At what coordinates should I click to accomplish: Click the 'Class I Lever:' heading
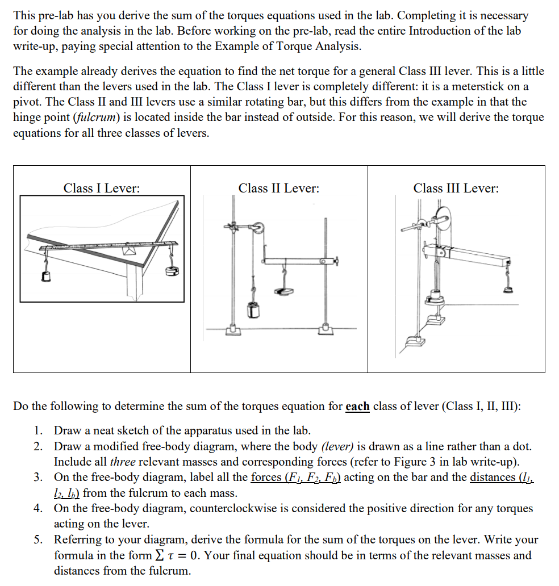tap(102, 188)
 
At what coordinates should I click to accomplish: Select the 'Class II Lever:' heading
tap(278, 188)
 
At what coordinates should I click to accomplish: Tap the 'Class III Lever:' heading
tap(456, 188)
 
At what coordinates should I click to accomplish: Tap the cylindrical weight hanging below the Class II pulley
tap(253, 309)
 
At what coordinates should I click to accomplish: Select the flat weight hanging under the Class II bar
tap(283, 291)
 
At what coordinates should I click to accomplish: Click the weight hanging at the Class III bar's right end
tap(508, 287)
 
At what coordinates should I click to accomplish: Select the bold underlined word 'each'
tap(357, 407)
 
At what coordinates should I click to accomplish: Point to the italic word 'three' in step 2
tap(123, 462)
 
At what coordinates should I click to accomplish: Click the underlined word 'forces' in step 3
tap(267, 477)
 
